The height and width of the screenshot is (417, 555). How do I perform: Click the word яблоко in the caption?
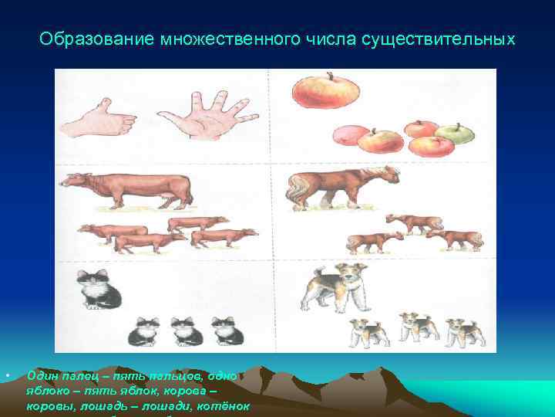pyautogui.click(x=47, y=391)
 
